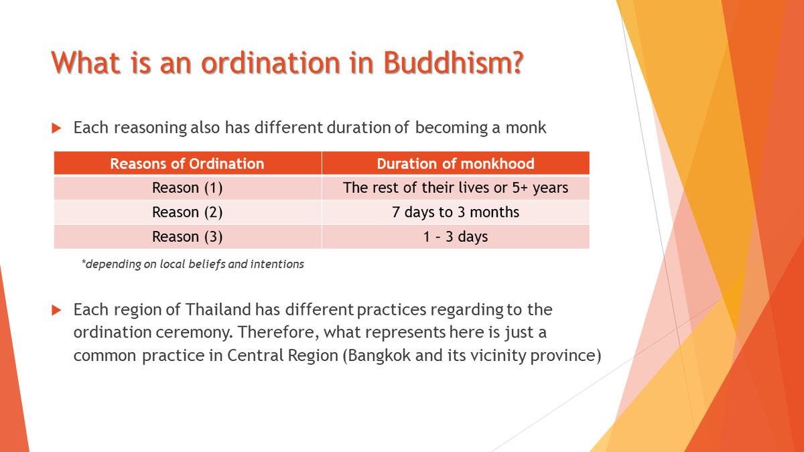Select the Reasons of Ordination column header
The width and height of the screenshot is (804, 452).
(187, 163)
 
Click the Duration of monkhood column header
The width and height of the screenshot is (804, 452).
(456, 163)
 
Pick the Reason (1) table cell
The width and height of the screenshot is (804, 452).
(187, 188)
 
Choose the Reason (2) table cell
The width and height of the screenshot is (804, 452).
(187, 212)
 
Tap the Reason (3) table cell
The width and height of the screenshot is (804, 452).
(187, 236)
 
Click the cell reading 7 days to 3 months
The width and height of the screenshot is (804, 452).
(456, 212)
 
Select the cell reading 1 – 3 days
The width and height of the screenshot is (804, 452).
(456, 236)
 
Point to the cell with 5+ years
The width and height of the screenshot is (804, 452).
(456, 188)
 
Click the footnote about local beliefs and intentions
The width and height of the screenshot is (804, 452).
(192, 264)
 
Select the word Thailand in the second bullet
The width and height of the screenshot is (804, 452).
(218, 310)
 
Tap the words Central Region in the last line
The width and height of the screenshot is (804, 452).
(283, 355)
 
